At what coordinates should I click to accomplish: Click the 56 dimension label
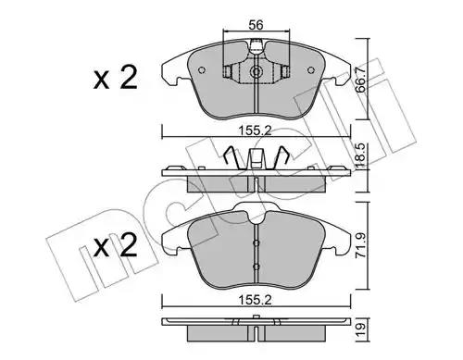256,25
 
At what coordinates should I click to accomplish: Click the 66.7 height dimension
360,80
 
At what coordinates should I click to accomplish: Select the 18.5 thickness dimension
360,156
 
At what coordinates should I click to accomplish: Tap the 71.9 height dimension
360,245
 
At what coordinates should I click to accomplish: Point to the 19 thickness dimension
360,329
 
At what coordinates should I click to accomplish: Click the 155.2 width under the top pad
255,130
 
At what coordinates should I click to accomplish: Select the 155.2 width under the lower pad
255,300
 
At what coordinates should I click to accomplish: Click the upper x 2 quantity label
116,78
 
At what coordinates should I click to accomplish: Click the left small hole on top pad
202,70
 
